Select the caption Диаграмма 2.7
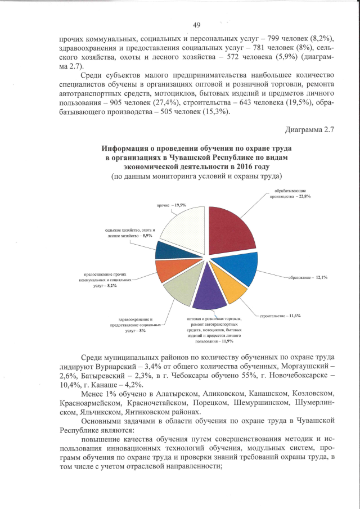click(x=310, y=130)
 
